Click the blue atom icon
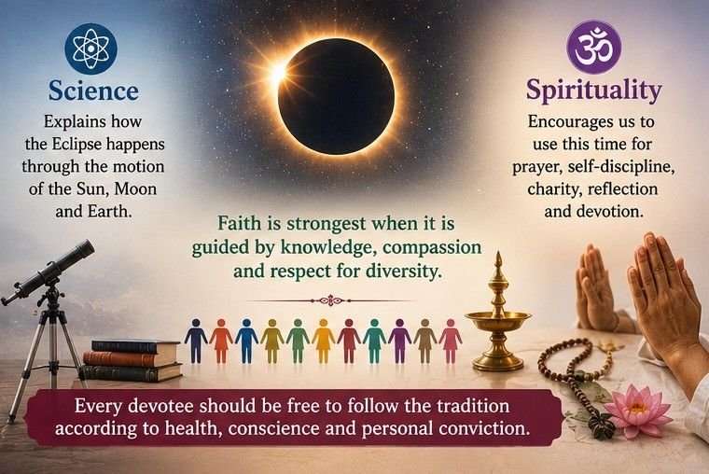pyautogui.click(x=90, y=49)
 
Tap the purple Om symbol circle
pyautogui.click(x=593, y=47)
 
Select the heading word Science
pyautogui.click(x=93, y=91)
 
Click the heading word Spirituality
pyautogui.click(x=593, y=90)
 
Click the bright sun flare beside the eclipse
pyautogui.click(x=278, y=72)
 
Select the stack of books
pyautogui.click(x=132, y=360)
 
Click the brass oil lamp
pyautogui.click(x=498, y=316)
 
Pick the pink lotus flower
pyautogui.click(x=637, y=407)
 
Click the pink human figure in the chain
pyautogui.click(x=451, y=341)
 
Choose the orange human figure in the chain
pyautogui.click(x=221, y=341)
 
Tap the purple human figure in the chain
pyautogui.click(x=399, y=341)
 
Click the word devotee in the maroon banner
pyautogui.click(x=160, y=406)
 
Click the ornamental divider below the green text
pyautogui.click(x=331, y=300)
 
